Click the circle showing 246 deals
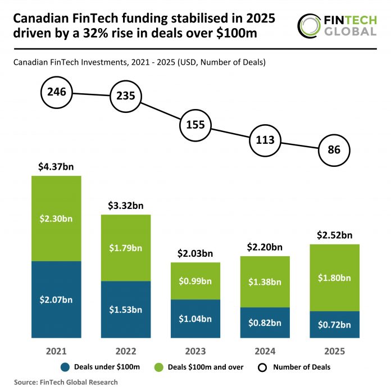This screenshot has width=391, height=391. click(57, 92)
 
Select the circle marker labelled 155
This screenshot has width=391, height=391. click(195, 125)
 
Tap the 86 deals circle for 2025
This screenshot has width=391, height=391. click(334, 150)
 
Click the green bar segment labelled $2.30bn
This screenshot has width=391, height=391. click(56, 218)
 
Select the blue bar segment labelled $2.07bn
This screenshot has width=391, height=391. click(56, 299)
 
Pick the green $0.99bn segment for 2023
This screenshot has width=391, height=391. click(195, 281)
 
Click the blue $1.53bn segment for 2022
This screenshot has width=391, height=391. click(126, 310)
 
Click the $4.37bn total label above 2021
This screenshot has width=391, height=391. click(56, 167)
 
